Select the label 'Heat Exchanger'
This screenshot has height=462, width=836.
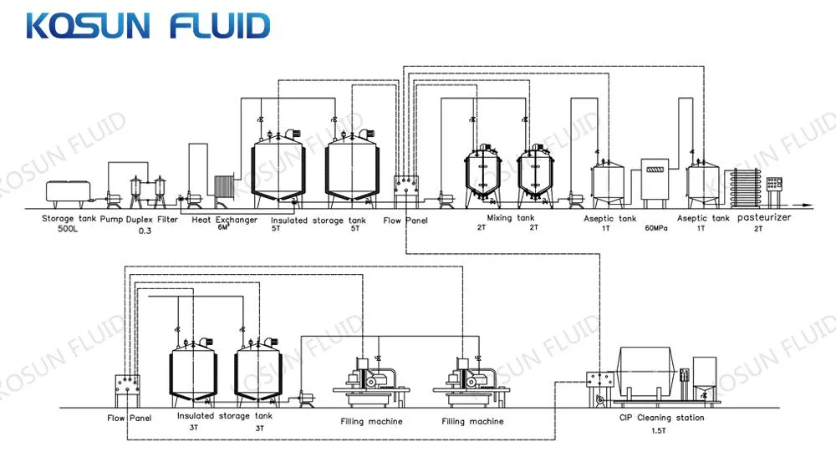[x=225, y=220]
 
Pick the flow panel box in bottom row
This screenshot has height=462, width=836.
[x=128, y=390]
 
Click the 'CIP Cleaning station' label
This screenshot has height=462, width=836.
[x=661, y=418]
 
